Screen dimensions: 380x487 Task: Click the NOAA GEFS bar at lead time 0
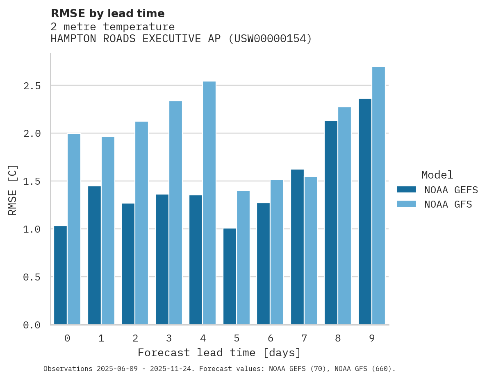click(60, 275)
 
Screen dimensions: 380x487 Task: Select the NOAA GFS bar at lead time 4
click(209, 203)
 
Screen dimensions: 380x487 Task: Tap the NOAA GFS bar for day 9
click(378, 196)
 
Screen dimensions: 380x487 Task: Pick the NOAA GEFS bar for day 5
click(230, 276)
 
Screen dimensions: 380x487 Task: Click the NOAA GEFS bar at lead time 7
click(297, 247)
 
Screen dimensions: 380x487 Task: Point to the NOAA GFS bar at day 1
click(108, 231)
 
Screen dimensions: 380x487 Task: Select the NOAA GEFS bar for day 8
click(331, 223)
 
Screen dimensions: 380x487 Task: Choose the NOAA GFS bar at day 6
click(277, 252)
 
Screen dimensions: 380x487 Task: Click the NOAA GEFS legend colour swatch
click(406, 190)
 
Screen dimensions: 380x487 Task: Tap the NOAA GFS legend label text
click(448, 204)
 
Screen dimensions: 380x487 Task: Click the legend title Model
click(437, 175)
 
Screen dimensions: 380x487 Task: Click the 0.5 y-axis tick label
click(32, 277)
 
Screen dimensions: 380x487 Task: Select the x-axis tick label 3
click(169, 338)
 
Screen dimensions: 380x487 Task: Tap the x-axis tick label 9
click(371, 338)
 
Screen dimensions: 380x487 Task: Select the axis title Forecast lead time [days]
click(219, 353)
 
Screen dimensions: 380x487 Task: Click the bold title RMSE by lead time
click(107, 14)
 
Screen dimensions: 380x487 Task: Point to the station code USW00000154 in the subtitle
click(270, 39)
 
